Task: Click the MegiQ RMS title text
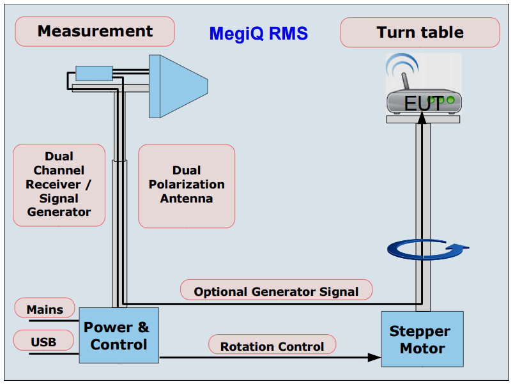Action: pos(259,33)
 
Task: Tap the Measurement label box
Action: pos(95,31)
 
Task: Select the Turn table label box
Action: pos(420,33)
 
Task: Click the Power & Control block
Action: pos(119,335)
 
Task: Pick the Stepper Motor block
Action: pos(422,339)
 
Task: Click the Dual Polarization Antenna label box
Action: pos(187,186)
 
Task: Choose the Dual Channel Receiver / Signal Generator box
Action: pos(59,185)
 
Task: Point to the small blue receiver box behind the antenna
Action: pos(94,73)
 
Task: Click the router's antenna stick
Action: pos(405,81)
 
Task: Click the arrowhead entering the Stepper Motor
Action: pos(374,358)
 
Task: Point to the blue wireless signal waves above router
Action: pos(402,64)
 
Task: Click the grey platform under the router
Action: pos(423,119)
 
